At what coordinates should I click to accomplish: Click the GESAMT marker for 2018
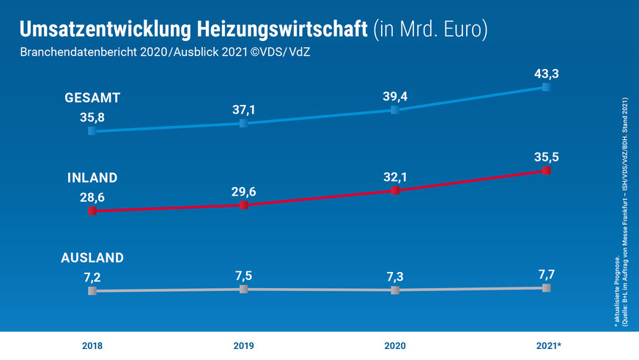point(92,131)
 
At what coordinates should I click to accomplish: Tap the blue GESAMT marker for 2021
point(546,87)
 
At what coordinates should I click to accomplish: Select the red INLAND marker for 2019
point(243,205)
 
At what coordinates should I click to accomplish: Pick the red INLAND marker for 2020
point(395,190)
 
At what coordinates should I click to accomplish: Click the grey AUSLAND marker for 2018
point(92,291)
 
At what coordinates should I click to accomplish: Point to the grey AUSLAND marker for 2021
point(546,288)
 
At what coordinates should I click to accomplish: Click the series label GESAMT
point(92,98)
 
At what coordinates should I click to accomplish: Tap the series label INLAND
point(92,178)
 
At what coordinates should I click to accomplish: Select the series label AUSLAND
point(92,257)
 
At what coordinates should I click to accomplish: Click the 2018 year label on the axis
point(92,345)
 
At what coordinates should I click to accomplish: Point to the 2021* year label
point(547,345)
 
